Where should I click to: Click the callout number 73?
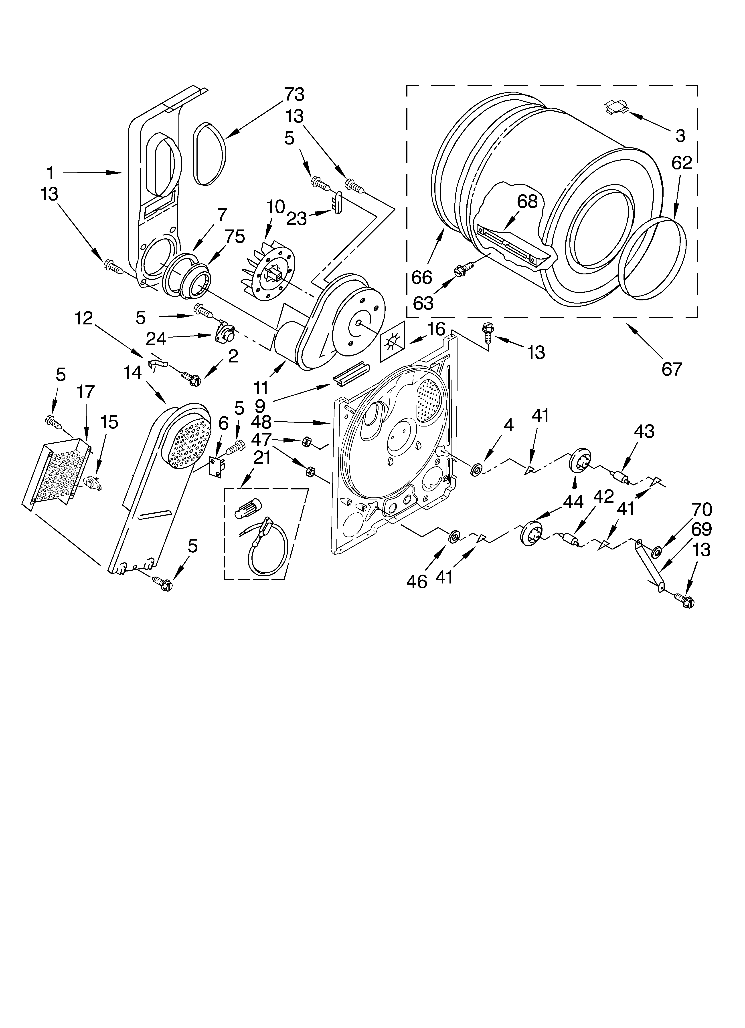294,94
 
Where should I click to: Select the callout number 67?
672,369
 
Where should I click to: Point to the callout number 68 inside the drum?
527,201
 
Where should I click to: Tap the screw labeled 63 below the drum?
459,271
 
